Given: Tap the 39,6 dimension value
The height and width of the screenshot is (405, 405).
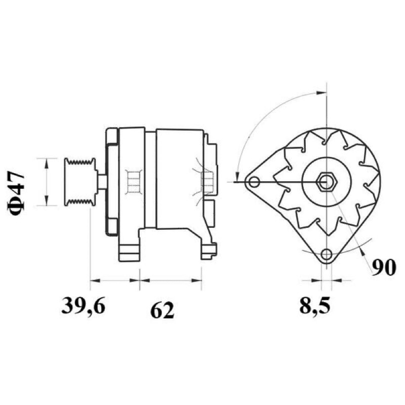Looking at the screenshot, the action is pyautogui.click(x=83, y=306).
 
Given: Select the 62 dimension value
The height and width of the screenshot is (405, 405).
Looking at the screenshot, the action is pyautogui.click(x=162, y=310).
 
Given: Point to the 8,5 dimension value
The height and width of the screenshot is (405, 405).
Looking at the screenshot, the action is pyautogui.click(x=315, y=306).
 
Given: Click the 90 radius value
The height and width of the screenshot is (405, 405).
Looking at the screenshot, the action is pyautogui.click(x=384, y=267).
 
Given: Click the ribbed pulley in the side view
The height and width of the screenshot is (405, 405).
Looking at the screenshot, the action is pyautogui.click(x=80, y=182).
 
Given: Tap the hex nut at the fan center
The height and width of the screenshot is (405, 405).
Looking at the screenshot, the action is pyautogui.click(x=327, y=182).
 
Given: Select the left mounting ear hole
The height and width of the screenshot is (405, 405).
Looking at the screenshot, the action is pyautogui.click(x=254, y=182).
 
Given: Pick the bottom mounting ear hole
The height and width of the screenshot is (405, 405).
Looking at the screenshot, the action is pyautogui.click(x=327, y=255).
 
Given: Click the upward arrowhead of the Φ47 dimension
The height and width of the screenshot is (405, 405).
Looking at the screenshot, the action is pyautogui.click(x=47, y=163).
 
